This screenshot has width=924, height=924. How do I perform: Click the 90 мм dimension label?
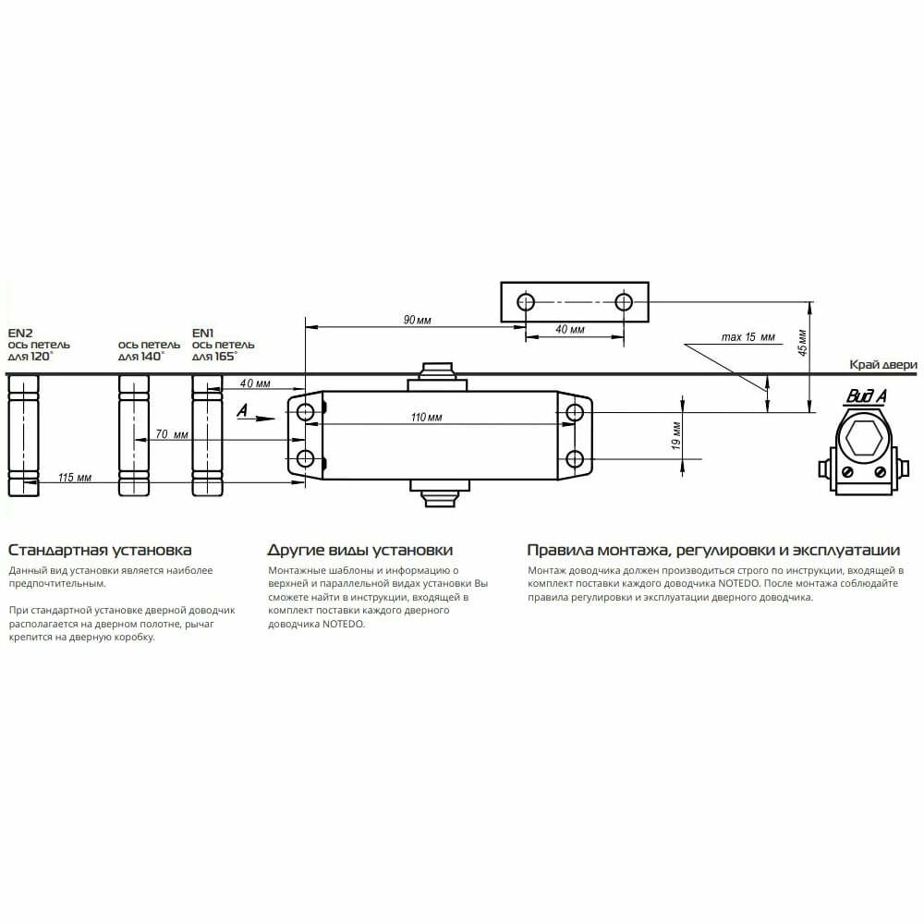click(x=418, y=320)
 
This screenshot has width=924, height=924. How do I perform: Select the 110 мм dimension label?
click(x=427, y=418)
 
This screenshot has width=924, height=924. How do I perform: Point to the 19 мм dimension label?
click(x=676, y=435)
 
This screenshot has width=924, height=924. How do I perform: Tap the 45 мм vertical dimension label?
click(x=803, y=343)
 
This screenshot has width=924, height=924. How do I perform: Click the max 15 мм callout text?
click(x=748, y=337)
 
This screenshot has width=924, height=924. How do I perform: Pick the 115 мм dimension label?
click(x=75, y=478)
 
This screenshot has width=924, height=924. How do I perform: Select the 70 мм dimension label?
click(x=172, y=434)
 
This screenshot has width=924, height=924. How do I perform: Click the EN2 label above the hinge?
click(x=20, y=333)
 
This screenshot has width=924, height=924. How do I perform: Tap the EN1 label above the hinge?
click(x=202, y=333)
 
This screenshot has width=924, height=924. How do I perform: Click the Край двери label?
click(x=882, y=365)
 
